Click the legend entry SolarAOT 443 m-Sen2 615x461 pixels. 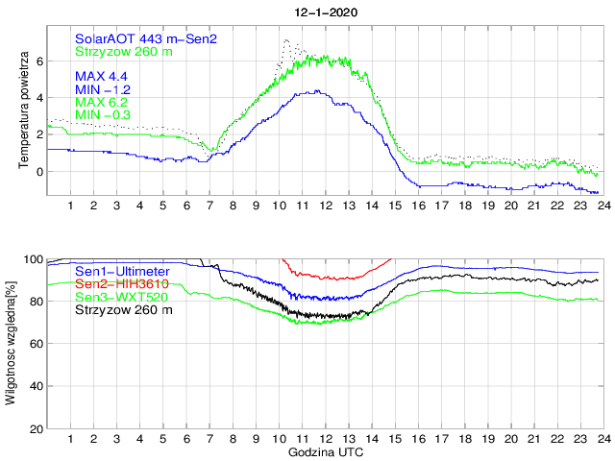[x=146, y=38]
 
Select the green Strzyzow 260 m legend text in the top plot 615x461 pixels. [x=124, y=51]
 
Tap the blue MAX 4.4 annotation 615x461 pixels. [x=103, y=76]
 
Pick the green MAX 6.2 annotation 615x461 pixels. [x=103, y=102]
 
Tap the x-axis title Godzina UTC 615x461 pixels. [x=324, y=451]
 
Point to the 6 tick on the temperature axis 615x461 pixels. [x=39, y=61]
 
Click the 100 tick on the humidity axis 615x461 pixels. [x=34, y=259]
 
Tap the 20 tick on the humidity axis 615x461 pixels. [x=37, y=428]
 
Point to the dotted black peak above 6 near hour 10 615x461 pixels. [x=285, y=41]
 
